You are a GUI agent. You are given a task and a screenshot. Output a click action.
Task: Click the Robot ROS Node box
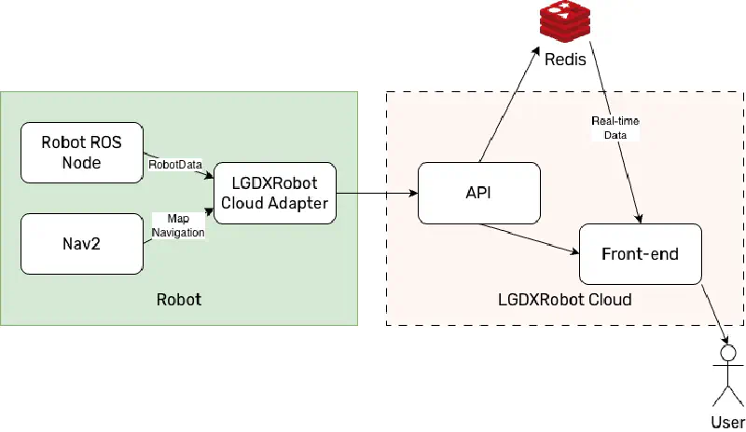pyautogui.click(x=82, y=152)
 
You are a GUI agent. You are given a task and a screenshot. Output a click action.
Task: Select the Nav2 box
pyautogui.click(x=82, y=243)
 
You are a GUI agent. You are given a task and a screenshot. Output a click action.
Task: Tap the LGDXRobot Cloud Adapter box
pyautogui.click(x=274, y=193)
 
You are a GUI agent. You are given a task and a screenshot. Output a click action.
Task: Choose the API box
pyautogui.click(x=479, y=193)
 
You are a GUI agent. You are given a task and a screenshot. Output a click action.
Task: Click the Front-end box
pyautogui.click(x=640, y=253)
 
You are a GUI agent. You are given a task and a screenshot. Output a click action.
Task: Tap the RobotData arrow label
pyautogui.click(x=175, y=164)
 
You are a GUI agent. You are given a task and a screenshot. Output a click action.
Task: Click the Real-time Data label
pyautogui.click(x=615, y=128)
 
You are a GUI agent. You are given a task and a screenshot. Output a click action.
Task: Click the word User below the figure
pyautogui.click(x=727, y=422)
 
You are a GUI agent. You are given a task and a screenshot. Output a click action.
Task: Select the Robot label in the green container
pyautogui.click(x=178, y=300)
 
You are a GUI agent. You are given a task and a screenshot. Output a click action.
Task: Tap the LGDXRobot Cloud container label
pyautogui.click(x=566, y=300)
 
